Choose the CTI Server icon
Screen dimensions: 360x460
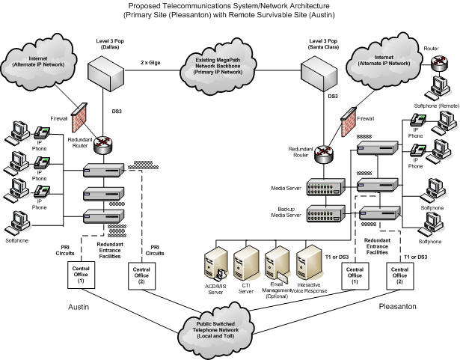tap(245, 260)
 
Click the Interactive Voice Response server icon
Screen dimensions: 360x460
tap(309, 259)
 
